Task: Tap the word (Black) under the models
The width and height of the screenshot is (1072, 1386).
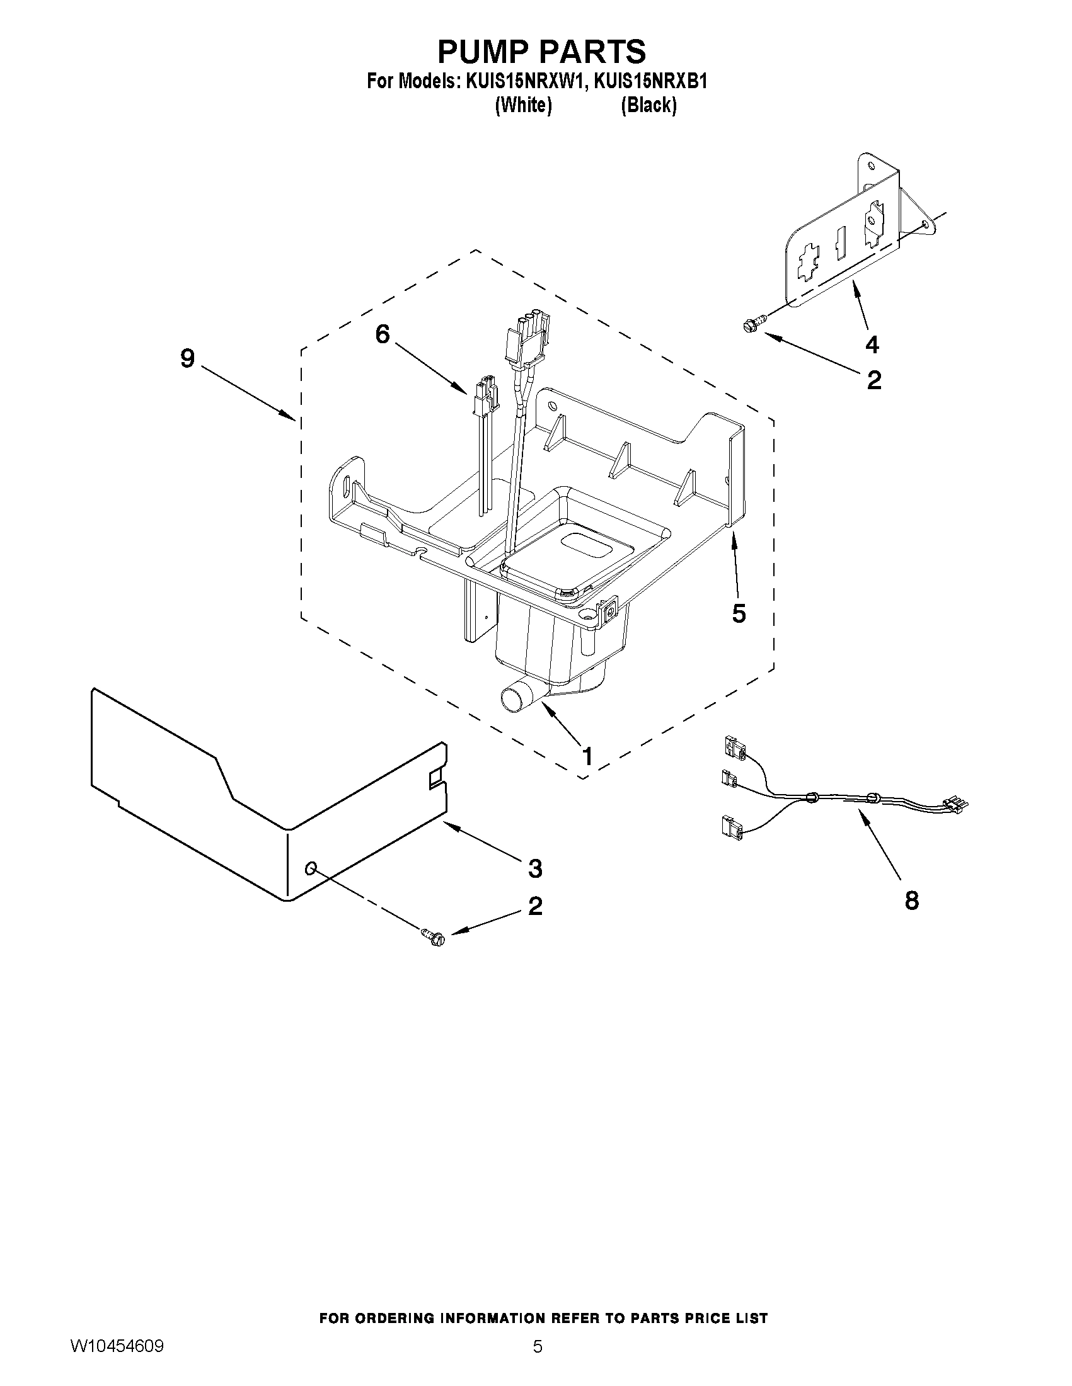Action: (648, 105)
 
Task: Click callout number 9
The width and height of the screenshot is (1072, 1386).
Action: (187, 359)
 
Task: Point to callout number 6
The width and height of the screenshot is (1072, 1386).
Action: (382, 334)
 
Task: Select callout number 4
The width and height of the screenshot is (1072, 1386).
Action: (872, 344)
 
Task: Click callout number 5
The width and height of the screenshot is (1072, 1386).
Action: (739, 613)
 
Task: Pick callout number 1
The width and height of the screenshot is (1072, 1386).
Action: (587, 756)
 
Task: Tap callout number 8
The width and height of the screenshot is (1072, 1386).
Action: (911, 900)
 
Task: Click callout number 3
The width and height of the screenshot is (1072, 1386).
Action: (535, 868)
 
